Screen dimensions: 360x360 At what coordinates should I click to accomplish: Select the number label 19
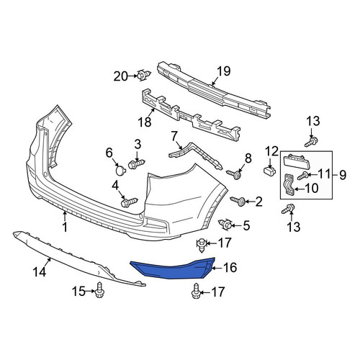click(x=224, y=71)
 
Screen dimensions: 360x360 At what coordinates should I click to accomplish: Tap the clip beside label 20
click(x=143, y=76)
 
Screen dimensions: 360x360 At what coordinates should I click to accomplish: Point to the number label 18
click(x=145, y=122)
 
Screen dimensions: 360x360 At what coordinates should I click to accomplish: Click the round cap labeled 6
click(x=120, y=170)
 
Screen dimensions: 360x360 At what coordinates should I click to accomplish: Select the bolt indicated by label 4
click(x=129, y=202)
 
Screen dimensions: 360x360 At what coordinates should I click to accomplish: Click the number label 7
click(x=174, y=136)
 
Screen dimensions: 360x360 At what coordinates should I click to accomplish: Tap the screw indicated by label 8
click(x=234, y=174)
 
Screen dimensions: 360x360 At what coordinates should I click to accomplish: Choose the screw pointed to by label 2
click(x=238, y=201)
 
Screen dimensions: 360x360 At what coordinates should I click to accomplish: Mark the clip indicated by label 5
click(x=225, y=225)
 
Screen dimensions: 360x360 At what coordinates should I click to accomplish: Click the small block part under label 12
click(x=270, y=171)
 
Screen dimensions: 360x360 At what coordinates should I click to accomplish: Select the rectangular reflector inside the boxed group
click(x=297, y=161)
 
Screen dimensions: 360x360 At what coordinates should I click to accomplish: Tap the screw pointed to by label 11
click(x=303, y=176)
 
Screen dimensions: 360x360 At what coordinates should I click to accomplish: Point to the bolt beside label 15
click(x=99, y=290)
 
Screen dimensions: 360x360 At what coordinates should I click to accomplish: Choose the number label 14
click(x=40, y=271)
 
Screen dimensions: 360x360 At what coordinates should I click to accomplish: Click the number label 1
click(x=65, y=227)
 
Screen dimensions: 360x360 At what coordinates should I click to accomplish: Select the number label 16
click(x=230, y=267)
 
